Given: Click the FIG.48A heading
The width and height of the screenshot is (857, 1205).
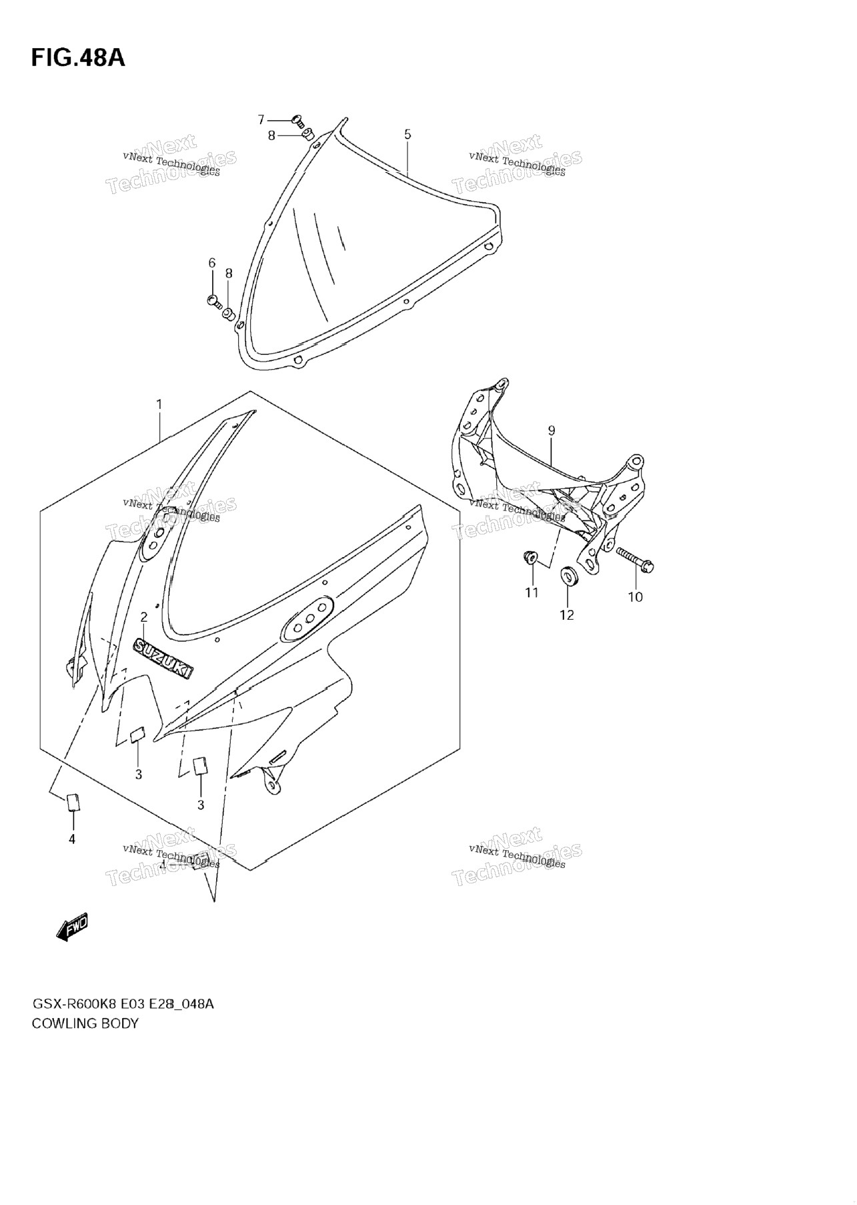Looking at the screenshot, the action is (x=78, y=58).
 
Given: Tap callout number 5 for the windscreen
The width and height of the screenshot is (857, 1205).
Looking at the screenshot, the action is (x=407, y=135).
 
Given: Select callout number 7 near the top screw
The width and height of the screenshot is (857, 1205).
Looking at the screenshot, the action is (x=261, y=120).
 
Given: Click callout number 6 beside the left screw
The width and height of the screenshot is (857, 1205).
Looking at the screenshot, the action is (x=212, y=263).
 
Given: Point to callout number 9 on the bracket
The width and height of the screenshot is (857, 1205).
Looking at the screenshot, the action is (x=552, y=431).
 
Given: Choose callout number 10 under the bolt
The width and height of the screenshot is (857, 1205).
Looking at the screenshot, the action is (x=635, y=596).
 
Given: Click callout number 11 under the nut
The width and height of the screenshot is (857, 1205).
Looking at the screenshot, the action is (x=532, y=592).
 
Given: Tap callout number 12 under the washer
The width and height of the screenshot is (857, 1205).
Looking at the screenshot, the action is (x=566, y=615).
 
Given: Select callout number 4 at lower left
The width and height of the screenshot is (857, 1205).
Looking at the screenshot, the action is (x=72, y=839).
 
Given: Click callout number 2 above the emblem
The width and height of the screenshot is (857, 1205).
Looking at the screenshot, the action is (x=143, y=617).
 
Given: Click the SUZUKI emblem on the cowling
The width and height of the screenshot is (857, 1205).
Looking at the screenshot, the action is (x=164, y=658).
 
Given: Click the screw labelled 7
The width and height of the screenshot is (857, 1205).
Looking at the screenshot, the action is (x=297, y=121).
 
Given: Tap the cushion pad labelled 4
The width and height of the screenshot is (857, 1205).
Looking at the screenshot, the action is (x=73, y=801).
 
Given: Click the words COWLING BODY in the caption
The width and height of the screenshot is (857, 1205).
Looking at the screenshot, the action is (x=85, y=1024).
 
